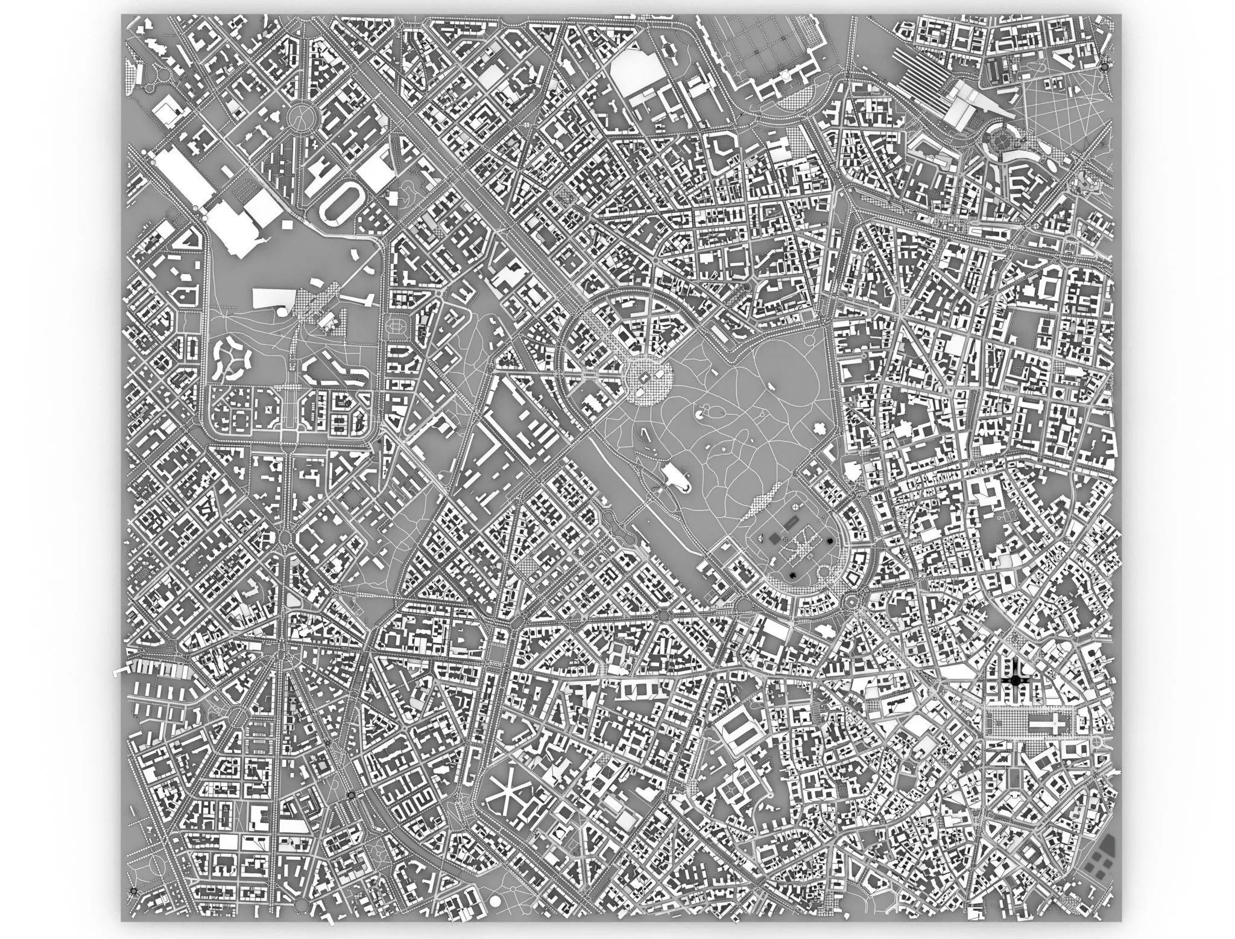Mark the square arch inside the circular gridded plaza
pyautogui.click(x=645, y=378)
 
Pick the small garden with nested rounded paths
pyautogui.click(x=395, y=326)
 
